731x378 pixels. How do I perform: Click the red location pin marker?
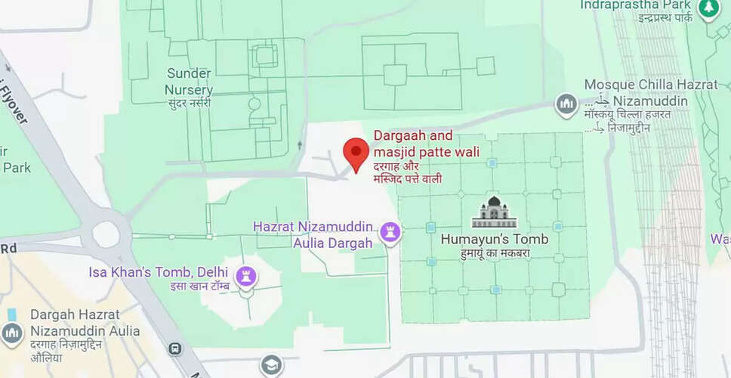tap(356, 153)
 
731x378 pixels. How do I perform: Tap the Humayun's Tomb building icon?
tap(495, 212)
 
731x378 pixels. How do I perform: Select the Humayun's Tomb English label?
tap(495, 240)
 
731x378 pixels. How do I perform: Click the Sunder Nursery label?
tap(189, 82)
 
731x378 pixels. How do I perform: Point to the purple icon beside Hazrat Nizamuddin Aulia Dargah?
tap(390, 231)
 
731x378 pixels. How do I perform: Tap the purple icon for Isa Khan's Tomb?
tap(246, 276)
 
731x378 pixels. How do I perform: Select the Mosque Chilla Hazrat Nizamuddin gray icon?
tap(566, 104)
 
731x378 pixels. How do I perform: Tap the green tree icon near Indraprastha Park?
tap(708, 8)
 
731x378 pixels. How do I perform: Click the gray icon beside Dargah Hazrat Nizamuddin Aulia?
tap(11, 333)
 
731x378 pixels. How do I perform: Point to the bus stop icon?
tap(175, 349)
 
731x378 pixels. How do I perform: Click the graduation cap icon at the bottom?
tap(271, 366)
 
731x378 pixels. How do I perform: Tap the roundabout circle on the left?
tap(105, 234)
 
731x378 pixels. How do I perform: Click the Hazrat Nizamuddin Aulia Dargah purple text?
tap(313, 234)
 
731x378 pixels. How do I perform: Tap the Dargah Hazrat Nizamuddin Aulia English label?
tap(85, 322)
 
